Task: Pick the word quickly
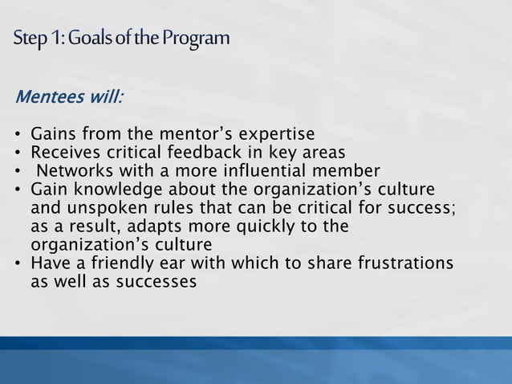point(254,227)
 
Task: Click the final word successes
point(157,282)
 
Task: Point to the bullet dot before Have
point(18,264)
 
